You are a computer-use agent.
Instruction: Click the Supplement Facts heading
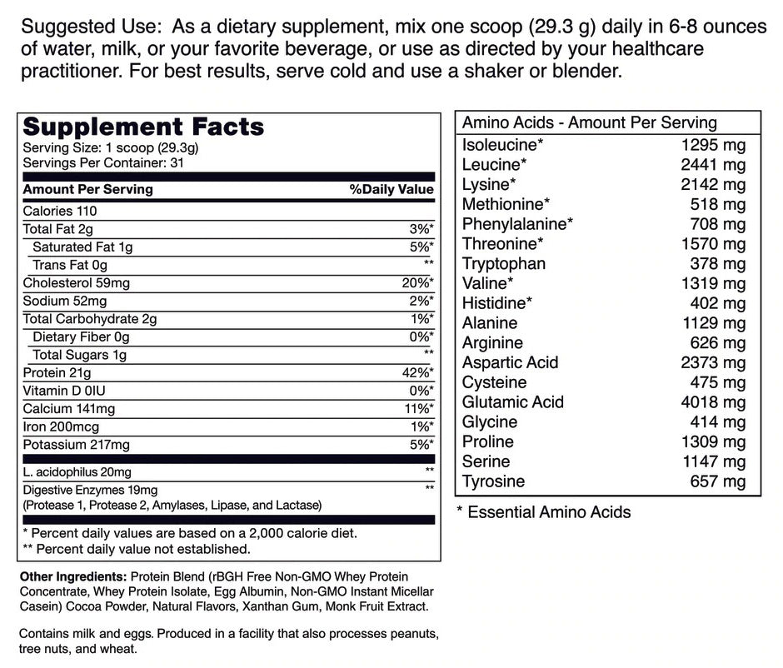coord(143,127)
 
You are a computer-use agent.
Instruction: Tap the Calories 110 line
coord(59,211)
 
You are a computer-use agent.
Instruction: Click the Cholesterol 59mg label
coord(77,283)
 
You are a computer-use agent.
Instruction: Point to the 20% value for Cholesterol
coord(417,283)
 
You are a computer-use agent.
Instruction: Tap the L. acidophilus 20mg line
coord(77,472)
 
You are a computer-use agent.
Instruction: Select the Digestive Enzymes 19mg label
coord(90,489)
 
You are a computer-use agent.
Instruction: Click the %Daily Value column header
coord(391,189)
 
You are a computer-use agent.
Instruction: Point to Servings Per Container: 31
coord(103,162)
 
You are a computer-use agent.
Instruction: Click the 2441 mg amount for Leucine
coord(713,164)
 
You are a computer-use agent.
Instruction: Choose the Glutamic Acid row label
coord(513,402)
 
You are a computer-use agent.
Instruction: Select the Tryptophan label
coord(504,264)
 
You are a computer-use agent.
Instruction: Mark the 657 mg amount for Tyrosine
coord(719,481)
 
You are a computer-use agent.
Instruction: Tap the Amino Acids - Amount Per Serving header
coord(590,122)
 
